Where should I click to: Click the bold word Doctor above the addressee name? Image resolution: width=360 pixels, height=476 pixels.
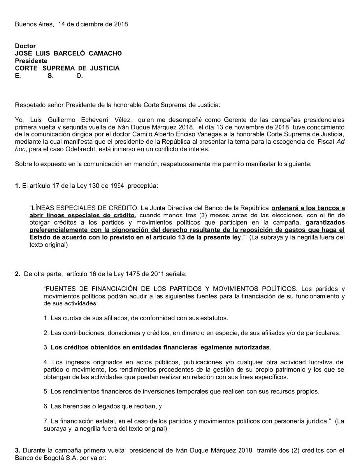[25, 46]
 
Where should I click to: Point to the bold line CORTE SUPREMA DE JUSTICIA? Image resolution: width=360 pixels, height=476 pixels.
[67, 68]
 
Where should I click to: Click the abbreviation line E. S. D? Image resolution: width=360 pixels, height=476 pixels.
[49, 76]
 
